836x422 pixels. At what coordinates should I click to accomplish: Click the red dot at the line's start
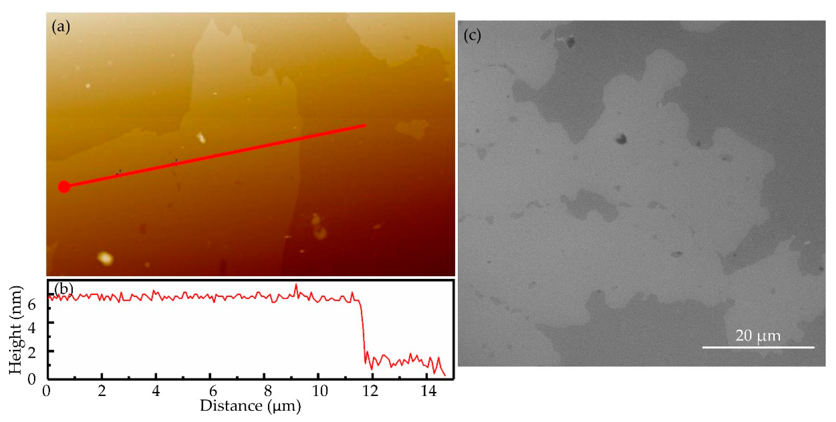(x=64, y=187)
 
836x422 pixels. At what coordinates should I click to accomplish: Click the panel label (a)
(x=61, y=27)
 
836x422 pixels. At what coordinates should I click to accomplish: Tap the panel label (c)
(x=472, y=35)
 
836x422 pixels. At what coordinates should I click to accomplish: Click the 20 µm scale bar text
(x=758, y=336)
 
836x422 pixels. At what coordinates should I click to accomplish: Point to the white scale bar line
(x=758, y=347)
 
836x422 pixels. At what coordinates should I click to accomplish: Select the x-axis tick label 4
(x=156, y=391)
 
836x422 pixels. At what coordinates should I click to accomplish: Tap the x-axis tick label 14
(x=428, y=391)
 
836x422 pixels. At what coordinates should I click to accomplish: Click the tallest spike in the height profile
(x=296, y=286)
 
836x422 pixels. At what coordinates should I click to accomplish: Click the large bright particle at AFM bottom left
(x=105, y=258)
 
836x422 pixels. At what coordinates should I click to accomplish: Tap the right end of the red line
(x=365, y=126)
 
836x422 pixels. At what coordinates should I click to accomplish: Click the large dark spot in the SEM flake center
(x=621, y=139)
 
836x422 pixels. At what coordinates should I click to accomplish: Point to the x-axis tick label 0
(x=46, y=391)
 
